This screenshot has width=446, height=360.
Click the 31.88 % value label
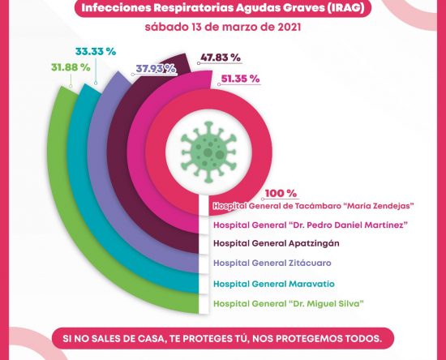coord(71,67)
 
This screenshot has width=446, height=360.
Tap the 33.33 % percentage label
coord(96,52)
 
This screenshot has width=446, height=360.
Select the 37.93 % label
coord(156,69)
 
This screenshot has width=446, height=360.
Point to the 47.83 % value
coord(221,58)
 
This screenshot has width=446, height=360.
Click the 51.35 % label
coord(240,79)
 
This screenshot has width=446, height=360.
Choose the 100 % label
coord(281,194)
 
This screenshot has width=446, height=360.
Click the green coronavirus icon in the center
coord(209,152)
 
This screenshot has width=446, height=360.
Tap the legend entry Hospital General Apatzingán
coord(277,243)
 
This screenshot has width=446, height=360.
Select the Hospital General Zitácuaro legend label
coord(272,263)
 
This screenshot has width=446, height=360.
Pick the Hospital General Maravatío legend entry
coord(274,284)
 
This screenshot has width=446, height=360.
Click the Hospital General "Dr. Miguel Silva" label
coord(289,304)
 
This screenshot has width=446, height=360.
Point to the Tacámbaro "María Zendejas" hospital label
coord(313,206)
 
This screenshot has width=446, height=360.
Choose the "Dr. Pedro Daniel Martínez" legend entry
coord(311,225)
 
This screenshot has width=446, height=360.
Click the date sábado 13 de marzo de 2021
coord(223,28)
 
